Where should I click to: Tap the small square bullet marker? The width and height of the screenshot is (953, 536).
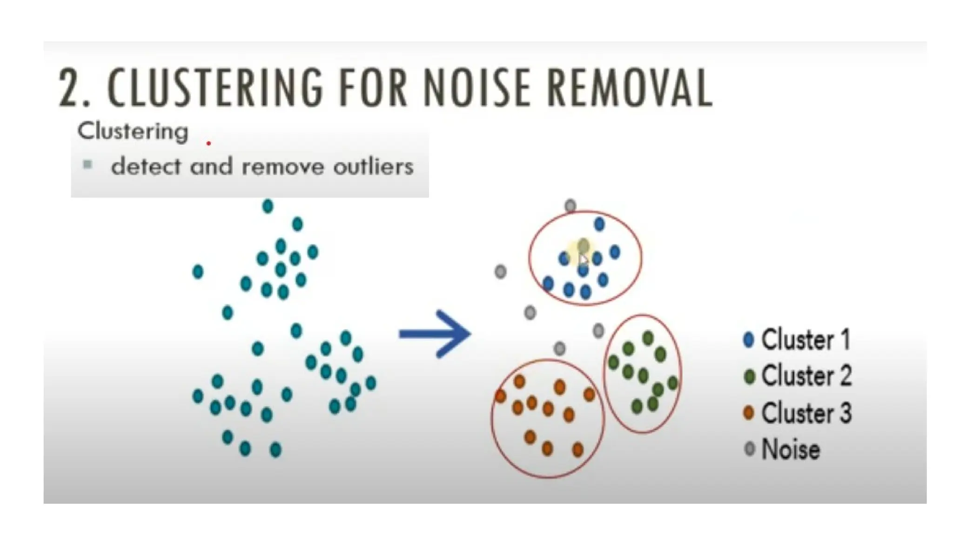(x=87, y=164)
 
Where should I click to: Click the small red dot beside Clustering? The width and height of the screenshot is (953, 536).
(x=208, y=143)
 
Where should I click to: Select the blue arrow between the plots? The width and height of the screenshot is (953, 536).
(x=435, y=334)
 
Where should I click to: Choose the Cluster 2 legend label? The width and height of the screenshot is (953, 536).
(x=806, y=376)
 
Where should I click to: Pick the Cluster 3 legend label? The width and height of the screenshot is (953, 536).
(x=806, y=413)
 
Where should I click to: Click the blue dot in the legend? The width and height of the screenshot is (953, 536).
(x=749, y=340)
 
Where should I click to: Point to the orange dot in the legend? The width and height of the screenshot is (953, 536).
(x=749, y=413)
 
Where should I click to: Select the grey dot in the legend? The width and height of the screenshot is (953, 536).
(x=749, y=449)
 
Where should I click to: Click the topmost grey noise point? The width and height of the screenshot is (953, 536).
(x=570, y=206)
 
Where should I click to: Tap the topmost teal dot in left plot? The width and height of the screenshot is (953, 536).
(x=268, y=206)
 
